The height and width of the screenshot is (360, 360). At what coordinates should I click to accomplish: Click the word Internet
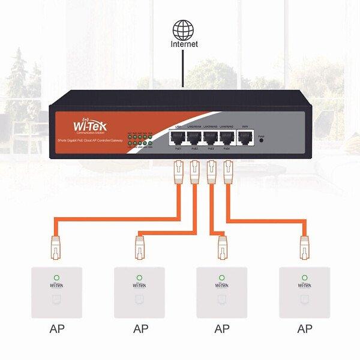[184, 44]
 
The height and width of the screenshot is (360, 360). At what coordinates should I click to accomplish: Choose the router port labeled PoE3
[211, 138]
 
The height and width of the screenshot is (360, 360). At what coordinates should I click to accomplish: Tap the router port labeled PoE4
[227, 138]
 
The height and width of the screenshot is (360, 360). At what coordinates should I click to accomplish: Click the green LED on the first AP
[56, 278]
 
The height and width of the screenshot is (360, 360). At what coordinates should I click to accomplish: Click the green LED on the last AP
[305, 278]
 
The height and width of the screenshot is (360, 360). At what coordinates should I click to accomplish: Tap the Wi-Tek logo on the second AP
[139, 286]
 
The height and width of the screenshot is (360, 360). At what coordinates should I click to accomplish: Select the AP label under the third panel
[222, 329]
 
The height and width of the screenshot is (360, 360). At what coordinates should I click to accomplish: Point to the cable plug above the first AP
[56, 247]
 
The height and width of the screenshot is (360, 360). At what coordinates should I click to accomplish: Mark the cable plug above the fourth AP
[305, 247]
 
